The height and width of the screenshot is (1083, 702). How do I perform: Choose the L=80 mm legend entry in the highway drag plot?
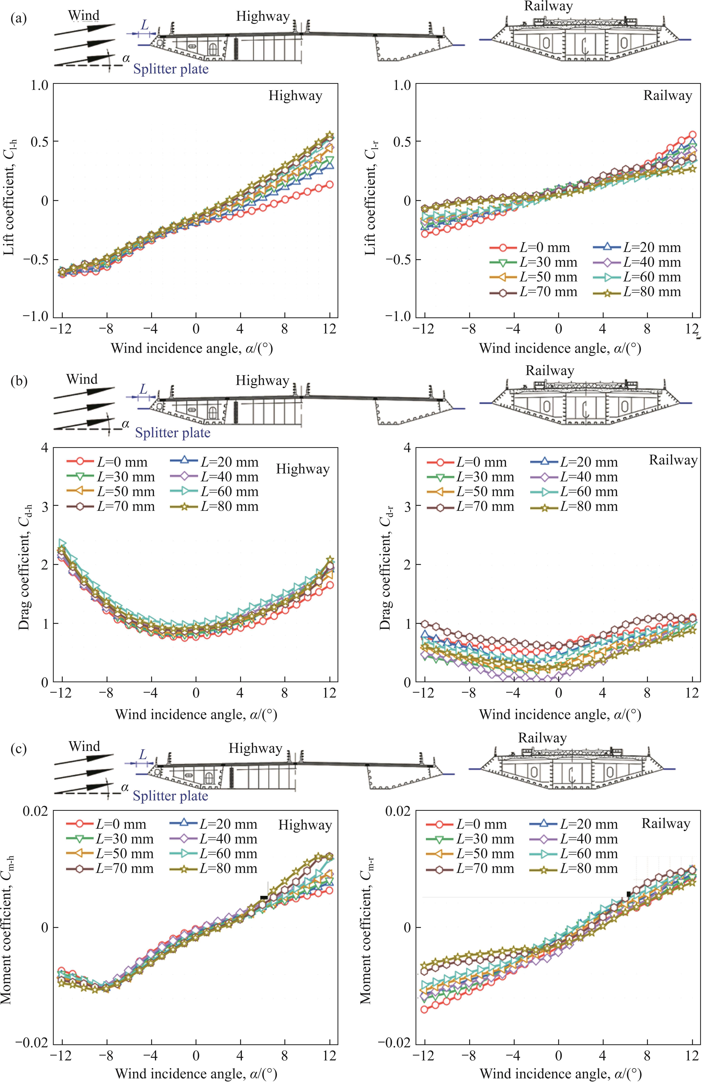point(216,506)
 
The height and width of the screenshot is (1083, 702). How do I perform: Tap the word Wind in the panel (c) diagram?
point(84,746)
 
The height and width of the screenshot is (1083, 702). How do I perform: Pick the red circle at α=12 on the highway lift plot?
point(330,184)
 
